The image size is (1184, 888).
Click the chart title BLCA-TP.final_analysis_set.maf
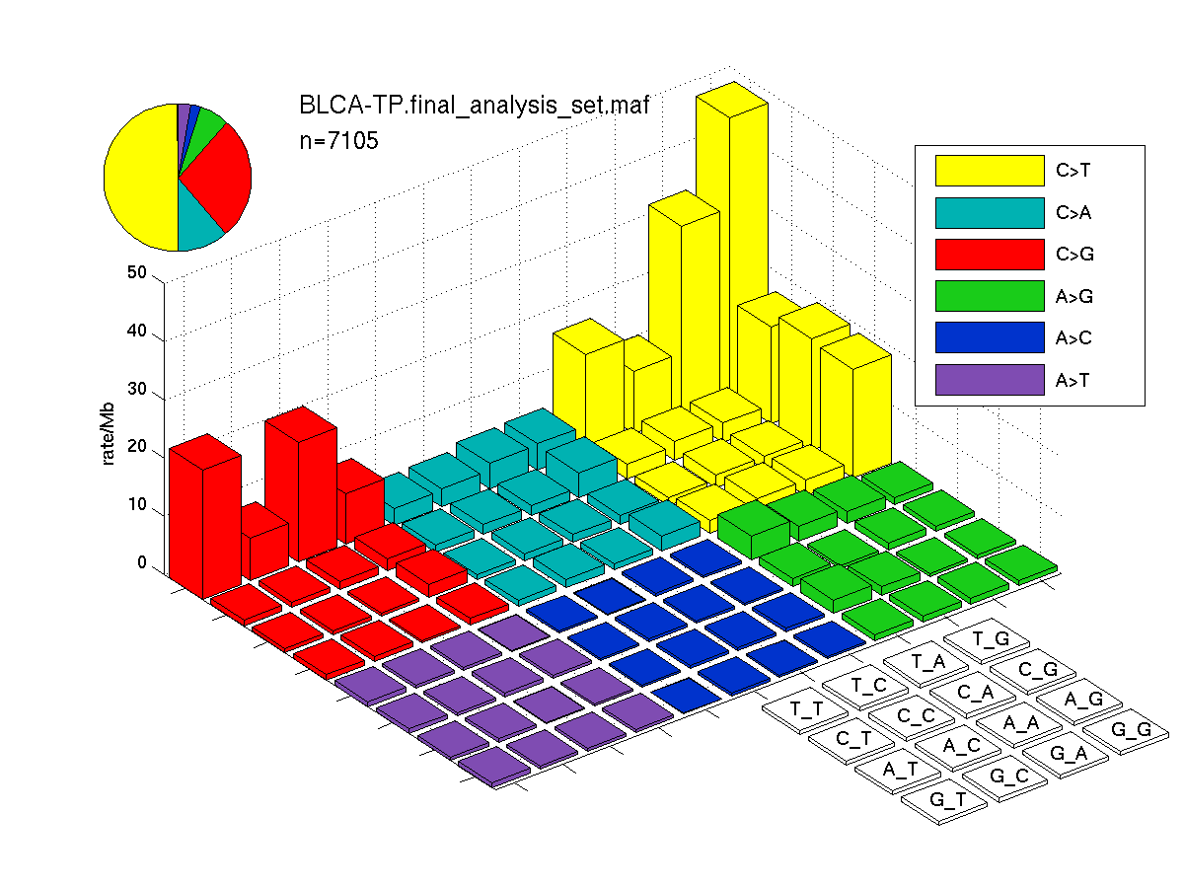[x=474, y=105]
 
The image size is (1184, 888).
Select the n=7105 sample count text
[x=338, y=141]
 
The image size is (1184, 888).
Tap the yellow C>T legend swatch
[x=990, y=171]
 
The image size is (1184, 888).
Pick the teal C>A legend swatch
[x=990, y=213]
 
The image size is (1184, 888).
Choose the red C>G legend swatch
[x=990, y=255]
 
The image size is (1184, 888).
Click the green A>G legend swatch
[x=990, y=296]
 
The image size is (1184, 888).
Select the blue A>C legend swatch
[x=990, y=337]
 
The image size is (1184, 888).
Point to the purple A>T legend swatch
[x=990, y=380]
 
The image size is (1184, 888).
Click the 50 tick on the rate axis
[x=137, y=272]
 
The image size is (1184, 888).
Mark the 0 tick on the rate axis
[x=142, y=562]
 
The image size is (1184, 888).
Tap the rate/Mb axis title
[x=108, y=433]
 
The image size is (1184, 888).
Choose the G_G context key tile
[x=1126, y=732]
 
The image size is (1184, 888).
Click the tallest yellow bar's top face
[x=732, y=100]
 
